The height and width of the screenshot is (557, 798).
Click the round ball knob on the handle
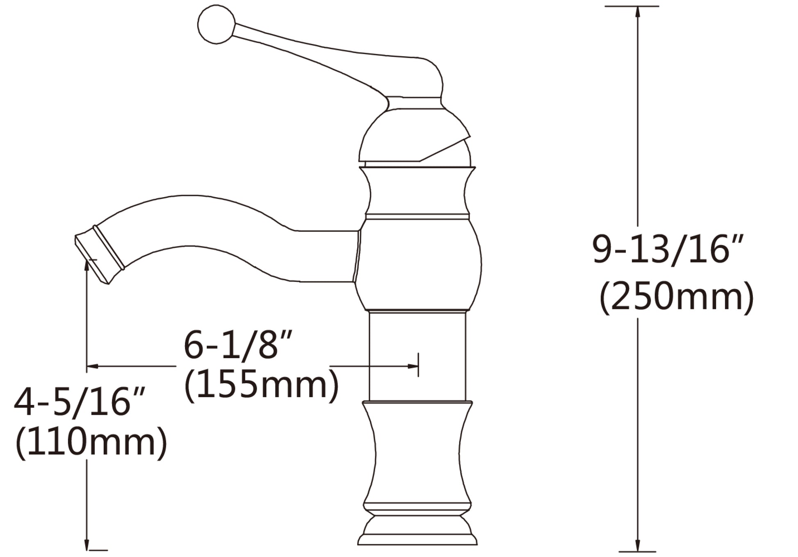tap(216, 25)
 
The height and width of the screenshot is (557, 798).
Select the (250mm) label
tap(676, 297)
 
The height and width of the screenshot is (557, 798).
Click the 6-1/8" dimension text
tap(238, 346)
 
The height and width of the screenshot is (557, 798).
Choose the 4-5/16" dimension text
tap(80, 403)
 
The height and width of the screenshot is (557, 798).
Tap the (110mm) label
tap(91, 442)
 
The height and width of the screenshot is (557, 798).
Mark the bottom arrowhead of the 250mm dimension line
tap(638, 547)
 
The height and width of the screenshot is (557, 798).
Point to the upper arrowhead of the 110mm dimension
tap(87, 265)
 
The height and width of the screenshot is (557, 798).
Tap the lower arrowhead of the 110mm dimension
tap(87, 545)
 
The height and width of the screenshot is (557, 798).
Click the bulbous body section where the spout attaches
tap(417, 264)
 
